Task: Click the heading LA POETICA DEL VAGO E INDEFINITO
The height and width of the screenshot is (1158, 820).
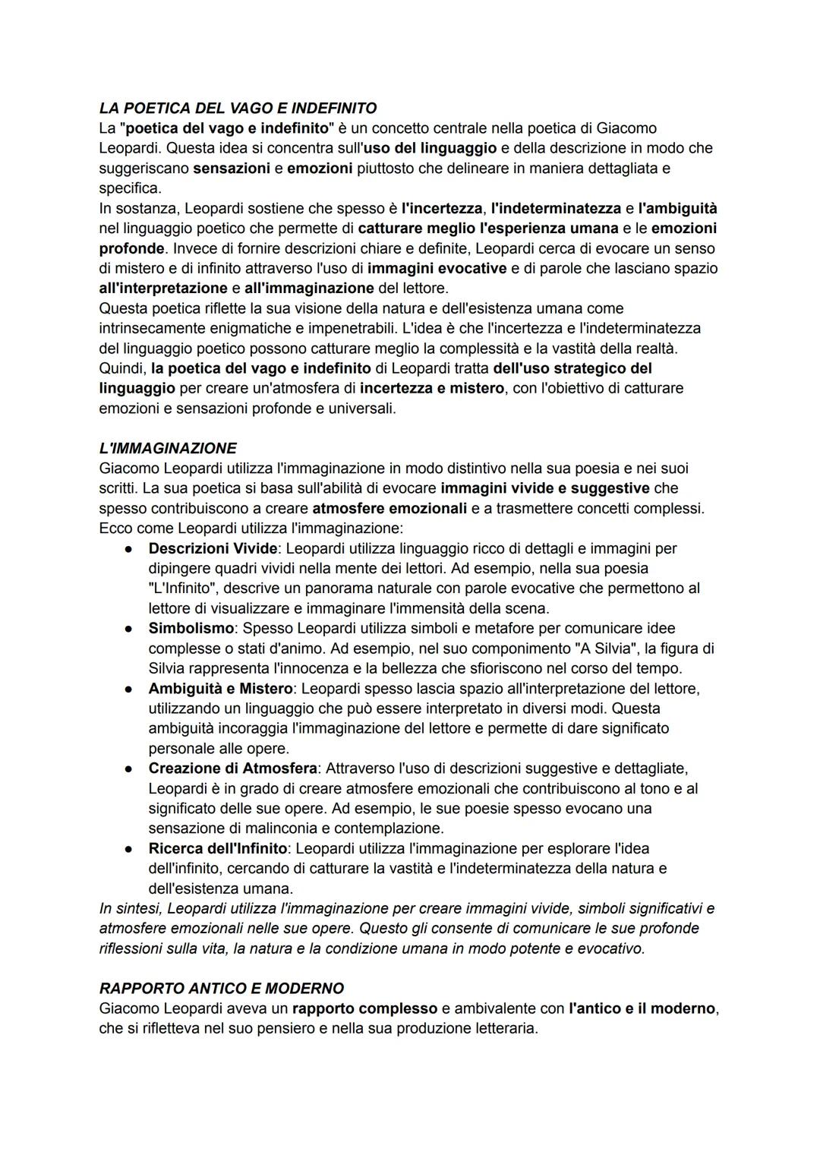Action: [238, 108]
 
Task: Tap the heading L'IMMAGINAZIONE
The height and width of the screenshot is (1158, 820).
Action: [168, 448]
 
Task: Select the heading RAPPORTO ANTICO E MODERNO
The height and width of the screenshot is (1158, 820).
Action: [222, 988]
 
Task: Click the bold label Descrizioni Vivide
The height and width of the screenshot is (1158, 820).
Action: [213, 548]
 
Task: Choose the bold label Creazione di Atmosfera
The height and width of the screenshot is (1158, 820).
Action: [232, 768]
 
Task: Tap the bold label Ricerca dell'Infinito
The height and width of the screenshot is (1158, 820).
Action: [218, 848]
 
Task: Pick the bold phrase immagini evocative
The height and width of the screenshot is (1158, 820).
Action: [437, 268]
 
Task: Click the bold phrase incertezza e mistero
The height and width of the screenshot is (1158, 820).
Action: [431, 388]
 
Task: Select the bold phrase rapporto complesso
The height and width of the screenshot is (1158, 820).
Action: [364, 1008]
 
